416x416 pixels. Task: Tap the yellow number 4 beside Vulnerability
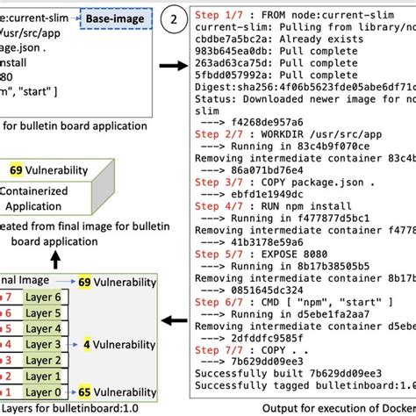point(85,345)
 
